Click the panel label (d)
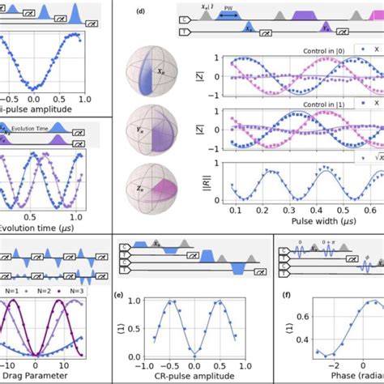[x=142, y=12]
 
